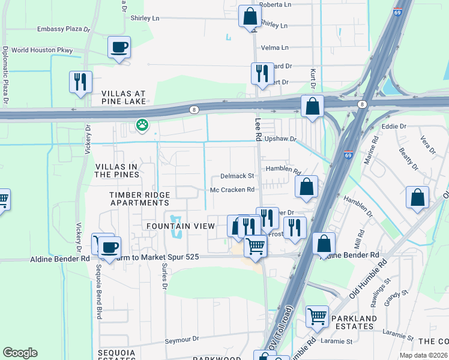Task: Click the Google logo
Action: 20,353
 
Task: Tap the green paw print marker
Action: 142,125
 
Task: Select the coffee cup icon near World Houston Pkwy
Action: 119,47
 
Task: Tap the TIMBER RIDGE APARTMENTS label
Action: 140,199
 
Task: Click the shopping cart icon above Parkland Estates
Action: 317,316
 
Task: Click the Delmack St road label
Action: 238,176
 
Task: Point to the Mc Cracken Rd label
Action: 232,190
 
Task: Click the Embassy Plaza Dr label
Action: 63,29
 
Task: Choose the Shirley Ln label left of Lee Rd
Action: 145,18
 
